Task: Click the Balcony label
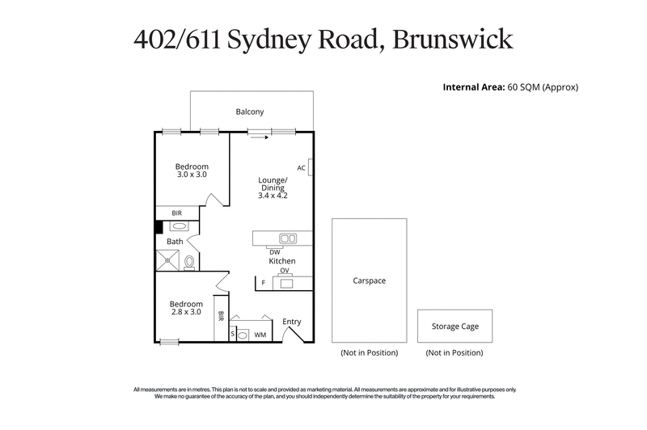pos(250,112)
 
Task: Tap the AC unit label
pos(301,168)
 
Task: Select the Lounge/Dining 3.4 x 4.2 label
pos(272,187)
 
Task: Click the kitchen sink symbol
pos(287,238)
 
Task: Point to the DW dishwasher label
pos(275,252)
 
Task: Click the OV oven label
pos(285,272)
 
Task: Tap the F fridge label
pos(264,283)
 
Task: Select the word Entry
pos(292,322)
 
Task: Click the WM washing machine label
pos(260,334)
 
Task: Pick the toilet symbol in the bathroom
pos(189,262)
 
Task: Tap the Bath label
pos(175,242)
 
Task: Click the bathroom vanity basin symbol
pos(178,226)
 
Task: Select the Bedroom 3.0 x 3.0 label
pos(192,170)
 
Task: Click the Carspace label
pos(369,281)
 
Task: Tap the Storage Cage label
pos(454,327)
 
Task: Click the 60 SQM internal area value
pos(524,86)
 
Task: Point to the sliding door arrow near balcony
pos(260,137)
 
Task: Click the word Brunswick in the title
pos(451,40)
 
